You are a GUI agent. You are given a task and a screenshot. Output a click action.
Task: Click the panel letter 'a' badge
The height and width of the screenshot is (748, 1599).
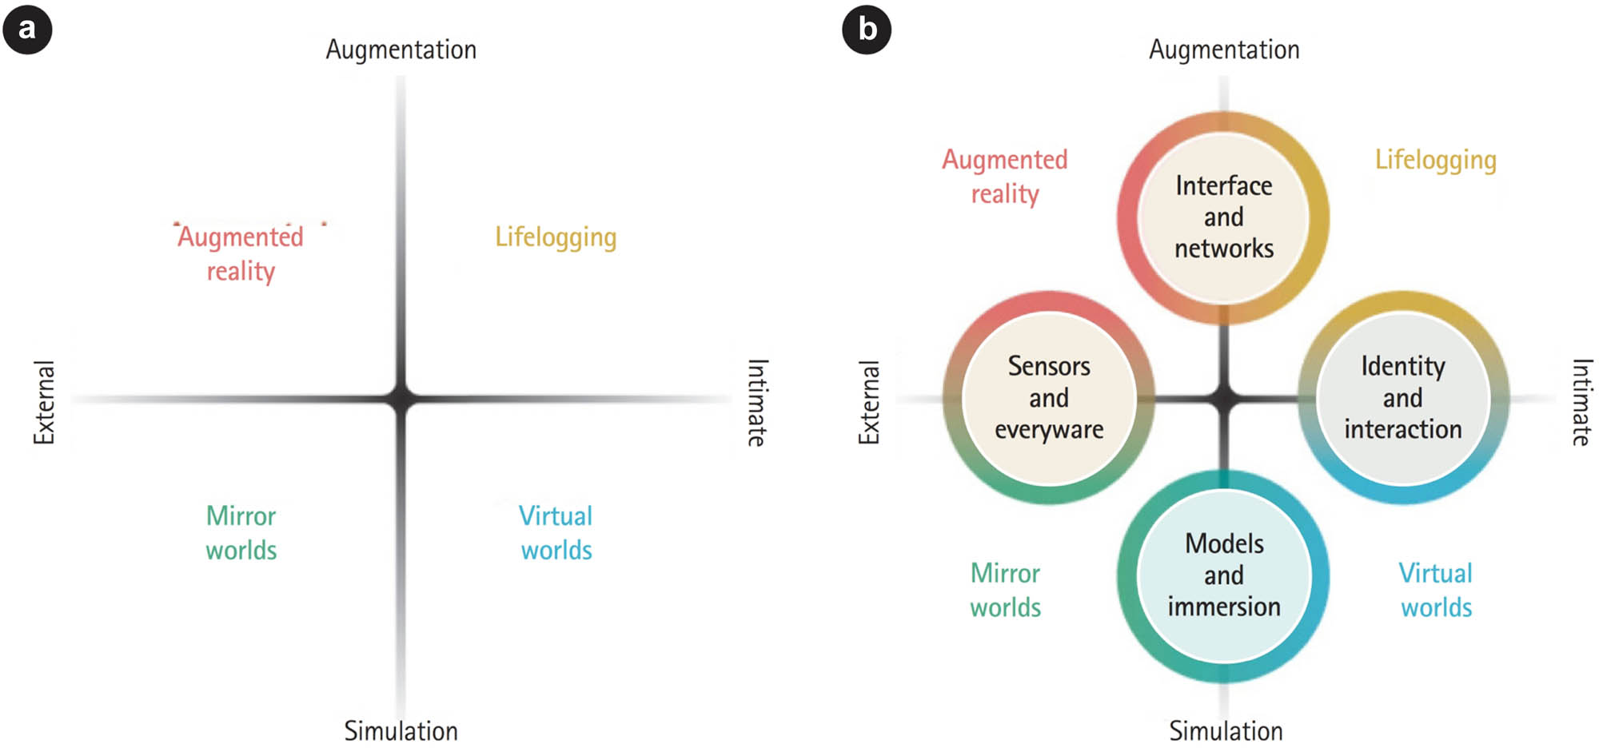click(27, 29)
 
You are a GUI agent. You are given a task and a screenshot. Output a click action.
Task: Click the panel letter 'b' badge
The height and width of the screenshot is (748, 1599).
click(867, 29)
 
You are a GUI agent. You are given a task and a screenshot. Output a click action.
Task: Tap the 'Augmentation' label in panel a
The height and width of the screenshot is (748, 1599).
click(401, 50)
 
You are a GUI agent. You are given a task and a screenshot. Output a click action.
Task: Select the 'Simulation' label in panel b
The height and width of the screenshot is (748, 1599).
click(1226, 730)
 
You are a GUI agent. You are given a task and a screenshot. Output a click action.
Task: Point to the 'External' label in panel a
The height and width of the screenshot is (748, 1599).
click(44, 402)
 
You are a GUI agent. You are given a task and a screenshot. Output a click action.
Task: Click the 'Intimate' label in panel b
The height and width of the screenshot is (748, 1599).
click(1581, 402)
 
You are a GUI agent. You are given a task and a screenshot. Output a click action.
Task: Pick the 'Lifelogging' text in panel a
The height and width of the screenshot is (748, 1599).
click(556, 237)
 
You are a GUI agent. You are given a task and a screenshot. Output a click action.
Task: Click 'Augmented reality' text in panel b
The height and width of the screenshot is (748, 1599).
click(1005, 177)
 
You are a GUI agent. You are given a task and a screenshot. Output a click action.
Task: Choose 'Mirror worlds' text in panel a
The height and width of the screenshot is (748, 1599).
click(241, 532)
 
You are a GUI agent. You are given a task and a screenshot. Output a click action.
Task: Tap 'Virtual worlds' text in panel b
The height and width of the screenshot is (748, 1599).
click(1436, 590)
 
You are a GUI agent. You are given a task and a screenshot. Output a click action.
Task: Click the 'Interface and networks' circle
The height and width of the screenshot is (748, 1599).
click(1223, 217)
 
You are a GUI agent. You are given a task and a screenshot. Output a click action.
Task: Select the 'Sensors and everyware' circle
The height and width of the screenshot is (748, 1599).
click(1049, 397)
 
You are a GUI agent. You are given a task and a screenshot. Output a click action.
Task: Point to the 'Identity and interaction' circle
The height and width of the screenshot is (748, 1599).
click(1403, 397)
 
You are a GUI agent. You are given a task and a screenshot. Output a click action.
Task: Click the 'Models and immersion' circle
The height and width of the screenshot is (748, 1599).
click(1223, 575)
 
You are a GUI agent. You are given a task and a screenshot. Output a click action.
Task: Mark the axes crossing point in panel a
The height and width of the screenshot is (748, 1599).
click(401, 398)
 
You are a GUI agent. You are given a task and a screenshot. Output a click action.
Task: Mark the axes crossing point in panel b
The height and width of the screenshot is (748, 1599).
click(1224, 397)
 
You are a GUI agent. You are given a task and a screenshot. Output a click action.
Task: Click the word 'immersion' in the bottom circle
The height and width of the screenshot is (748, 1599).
click(1224, 607)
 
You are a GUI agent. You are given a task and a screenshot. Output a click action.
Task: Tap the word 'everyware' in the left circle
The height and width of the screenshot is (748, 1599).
click(1049, 429)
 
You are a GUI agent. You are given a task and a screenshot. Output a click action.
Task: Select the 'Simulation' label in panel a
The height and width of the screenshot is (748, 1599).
click(401, 730)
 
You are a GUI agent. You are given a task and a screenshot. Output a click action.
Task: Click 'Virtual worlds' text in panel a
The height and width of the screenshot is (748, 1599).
click(556, 532)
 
